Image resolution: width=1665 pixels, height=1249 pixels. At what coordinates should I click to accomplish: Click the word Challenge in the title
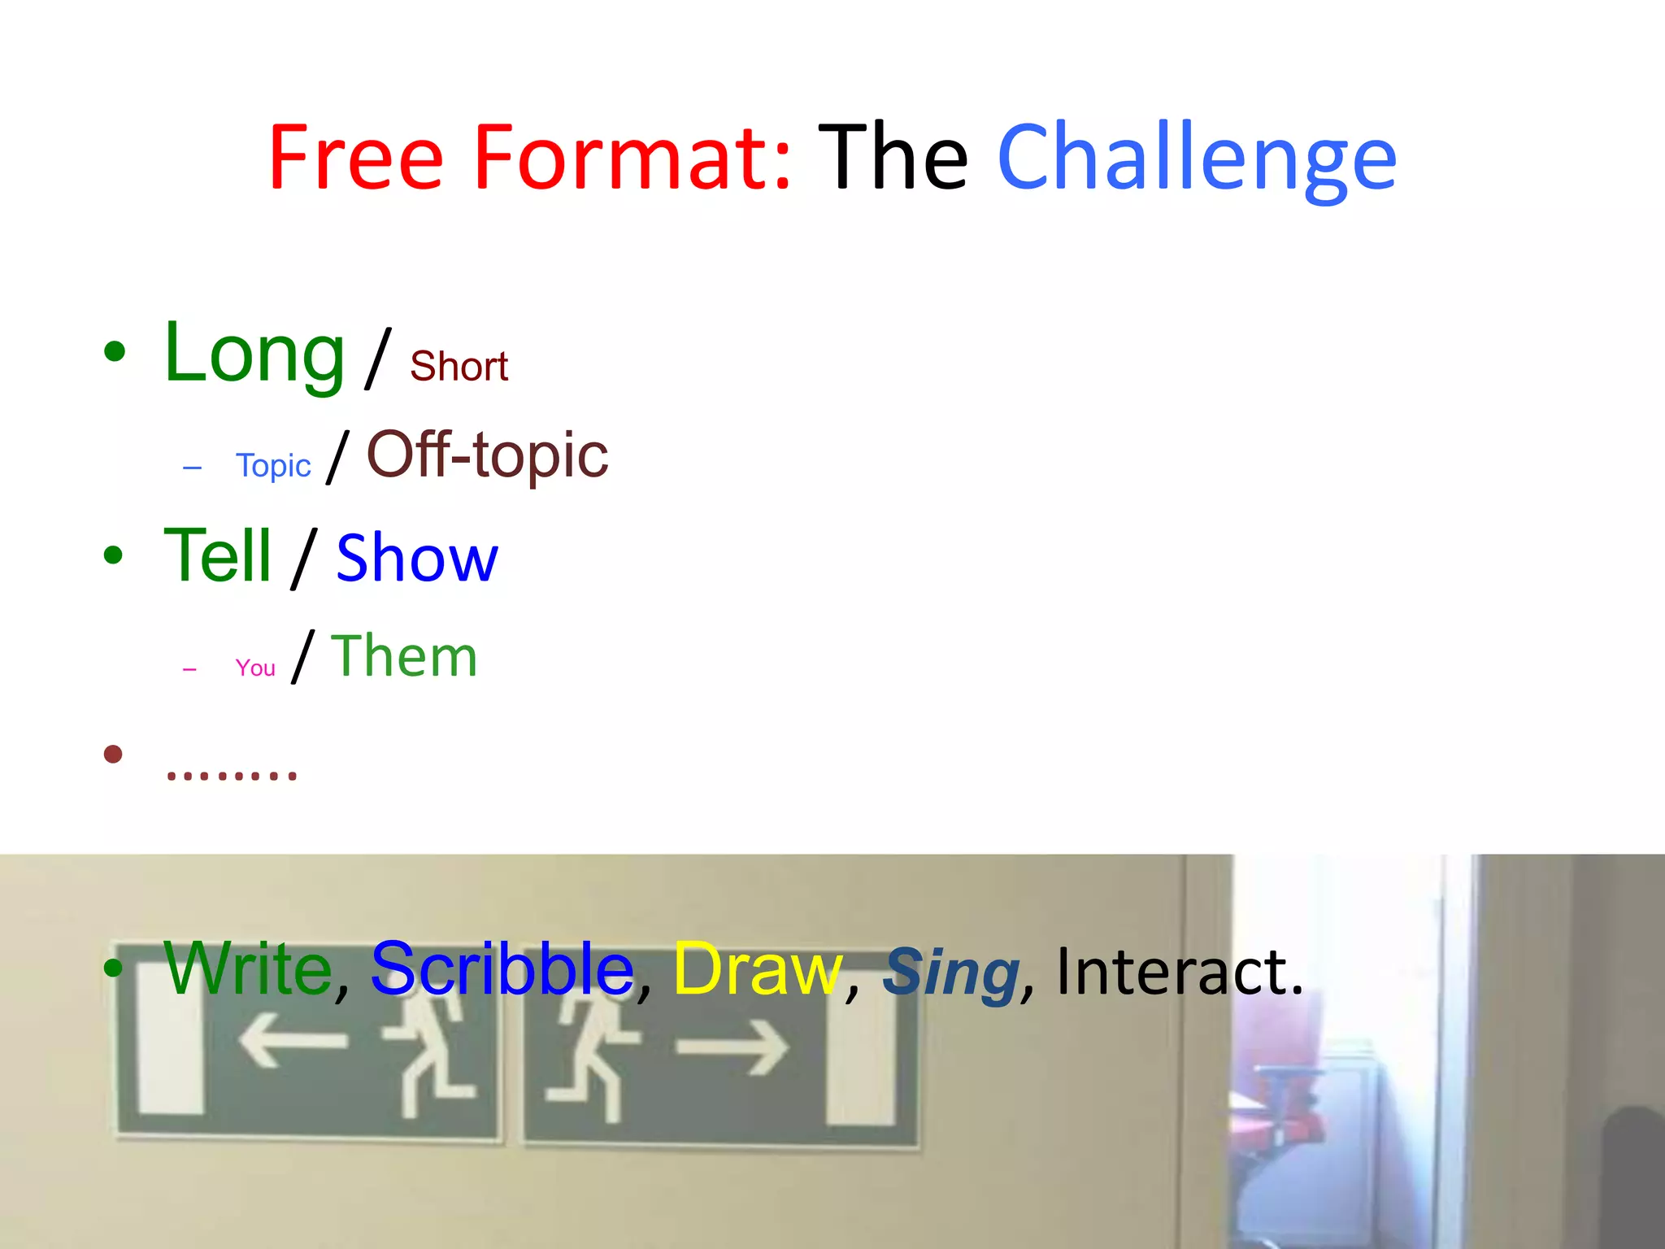[1196, 159]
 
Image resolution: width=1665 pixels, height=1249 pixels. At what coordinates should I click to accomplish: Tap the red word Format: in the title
[633, 159]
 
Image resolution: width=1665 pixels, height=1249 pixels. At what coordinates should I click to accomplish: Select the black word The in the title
[893, 159]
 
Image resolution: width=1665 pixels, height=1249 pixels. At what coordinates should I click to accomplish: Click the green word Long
[254, 355]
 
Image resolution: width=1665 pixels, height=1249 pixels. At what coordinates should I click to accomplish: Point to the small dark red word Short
[459, 367]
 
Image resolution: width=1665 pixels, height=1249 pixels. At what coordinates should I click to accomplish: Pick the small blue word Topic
[273, 466]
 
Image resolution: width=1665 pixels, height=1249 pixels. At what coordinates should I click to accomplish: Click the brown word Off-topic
[487, 455]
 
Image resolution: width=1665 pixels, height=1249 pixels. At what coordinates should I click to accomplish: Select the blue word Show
[416, 559]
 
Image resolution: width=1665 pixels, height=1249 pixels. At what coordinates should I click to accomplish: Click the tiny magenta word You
[255, 668]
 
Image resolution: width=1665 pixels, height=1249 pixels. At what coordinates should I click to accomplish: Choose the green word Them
[404, 657]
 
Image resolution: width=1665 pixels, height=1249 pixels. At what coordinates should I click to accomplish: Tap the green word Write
[248, 968]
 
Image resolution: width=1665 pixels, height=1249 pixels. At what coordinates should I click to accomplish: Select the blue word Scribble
[502, 970]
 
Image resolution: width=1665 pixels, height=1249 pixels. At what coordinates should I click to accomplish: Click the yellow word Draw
[757, 970]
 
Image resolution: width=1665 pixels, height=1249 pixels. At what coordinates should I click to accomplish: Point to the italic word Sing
[950, 973]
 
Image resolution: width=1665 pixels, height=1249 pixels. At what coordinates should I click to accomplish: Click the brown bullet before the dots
[113, 755]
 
